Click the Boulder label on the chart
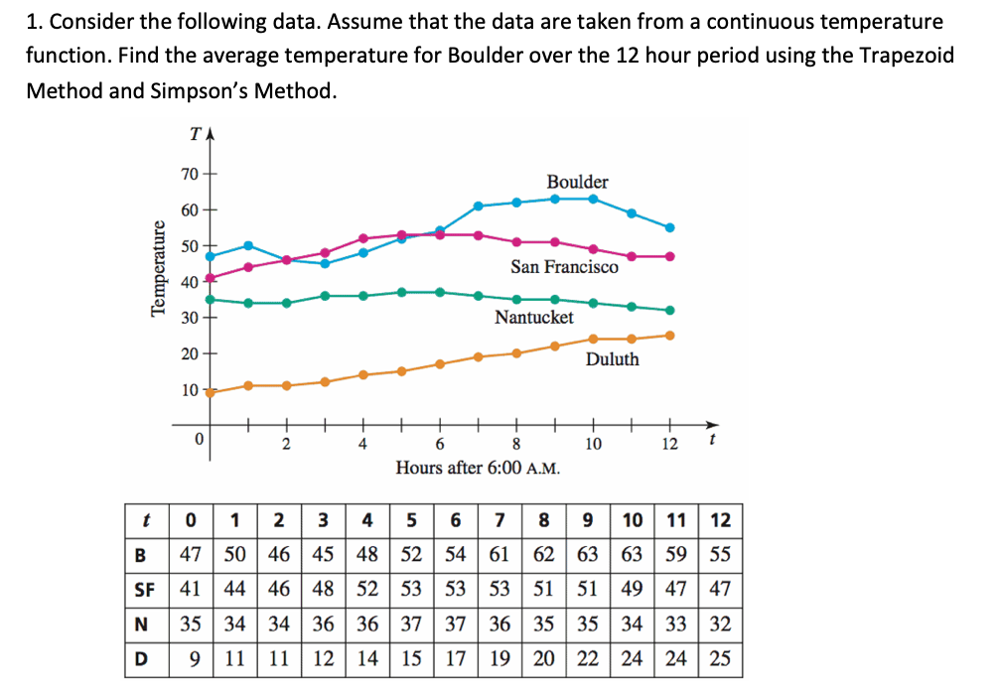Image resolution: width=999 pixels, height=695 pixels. (577, 182)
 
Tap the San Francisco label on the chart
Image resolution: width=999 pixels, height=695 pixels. (564, 266)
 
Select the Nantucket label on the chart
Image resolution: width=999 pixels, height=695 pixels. (534, 317)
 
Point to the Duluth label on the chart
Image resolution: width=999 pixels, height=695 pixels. (612, 358)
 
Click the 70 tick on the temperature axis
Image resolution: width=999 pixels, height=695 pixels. (189, 174)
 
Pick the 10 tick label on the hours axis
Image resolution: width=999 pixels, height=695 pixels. (593, 443)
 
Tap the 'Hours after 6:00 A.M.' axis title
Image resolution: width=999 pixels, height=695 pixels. (478, 467)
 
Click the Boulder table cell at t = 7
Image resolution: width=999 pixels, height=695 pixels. (500, 554)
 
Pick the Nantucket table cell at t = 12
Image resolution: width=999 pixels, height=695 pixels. (721, 624)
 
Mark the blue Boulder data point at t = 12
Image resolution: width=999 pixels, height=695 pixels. (669, 227)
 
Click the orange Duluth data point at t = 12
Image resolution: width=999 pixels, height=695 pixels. (669, 335)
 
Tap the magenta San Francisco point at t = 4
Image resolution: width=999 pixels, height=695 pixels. (363, 238)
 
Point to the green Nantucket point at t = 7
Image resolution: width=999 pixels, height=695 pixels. (478, 295)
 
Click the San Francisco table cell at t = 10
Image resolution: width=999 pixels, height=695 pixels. (633, 589)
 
